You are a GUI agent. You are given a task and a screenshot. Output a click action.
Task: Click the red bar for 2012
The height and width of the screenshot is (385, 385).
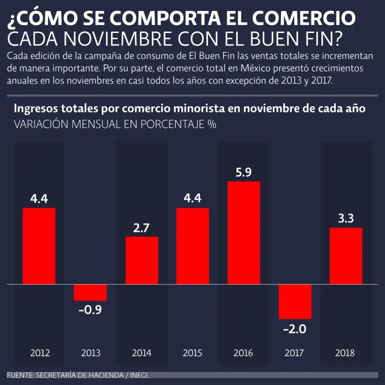[x=39, y=246]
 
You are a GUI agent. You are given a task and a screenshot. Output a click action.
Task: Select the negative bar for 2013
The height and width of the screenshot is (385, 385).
[x=90, y=292]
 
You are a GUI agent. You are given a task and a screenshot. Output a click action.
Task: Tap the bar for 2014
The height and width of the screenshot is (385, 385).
[x=141, y=260]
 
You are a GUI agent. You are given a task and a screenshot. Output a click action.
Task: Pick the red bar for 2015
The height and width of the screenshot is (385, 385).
[x=192, y=246]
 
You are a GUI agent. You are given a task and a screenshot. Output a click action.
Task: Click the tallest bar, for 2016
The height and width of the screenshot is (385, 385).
[x=244, y=233]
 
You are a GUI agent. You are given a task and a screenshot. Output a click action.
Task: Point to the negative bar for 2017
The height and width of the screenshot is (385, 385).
[x=295, y=301]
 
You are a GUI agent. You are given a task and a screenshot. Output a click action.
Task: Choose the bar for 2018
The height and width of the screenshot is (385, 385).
[x=346, y=256]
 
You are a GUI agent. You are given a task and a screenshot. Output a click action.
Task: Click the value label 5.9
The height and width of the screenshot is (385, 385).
[x=244, y=172]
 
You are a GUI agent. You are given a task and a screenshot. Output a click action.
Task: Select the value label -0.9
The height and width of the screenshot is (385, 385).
[x=90, y=310]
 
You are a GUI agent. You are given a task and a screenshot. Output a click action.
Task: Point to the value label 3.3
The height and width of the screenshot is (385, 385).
[x=346, y=219]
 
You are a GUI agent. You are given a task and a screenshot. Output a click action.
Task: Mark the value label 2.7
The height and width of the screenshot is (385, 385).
[x=141, y=228]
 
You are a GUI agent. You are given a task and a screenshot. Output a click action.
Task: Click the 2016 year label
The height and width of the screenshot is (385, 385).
[x=243, y=353]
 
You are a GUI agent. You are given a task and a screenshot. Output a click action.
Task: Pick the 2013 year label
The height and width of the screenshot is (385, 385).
[x=91, y=353]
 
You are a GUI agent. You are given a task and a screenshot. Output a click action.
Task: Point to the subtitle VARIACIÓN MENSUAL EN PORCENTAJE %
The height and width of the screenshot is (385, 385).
[x=115, y=124]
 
